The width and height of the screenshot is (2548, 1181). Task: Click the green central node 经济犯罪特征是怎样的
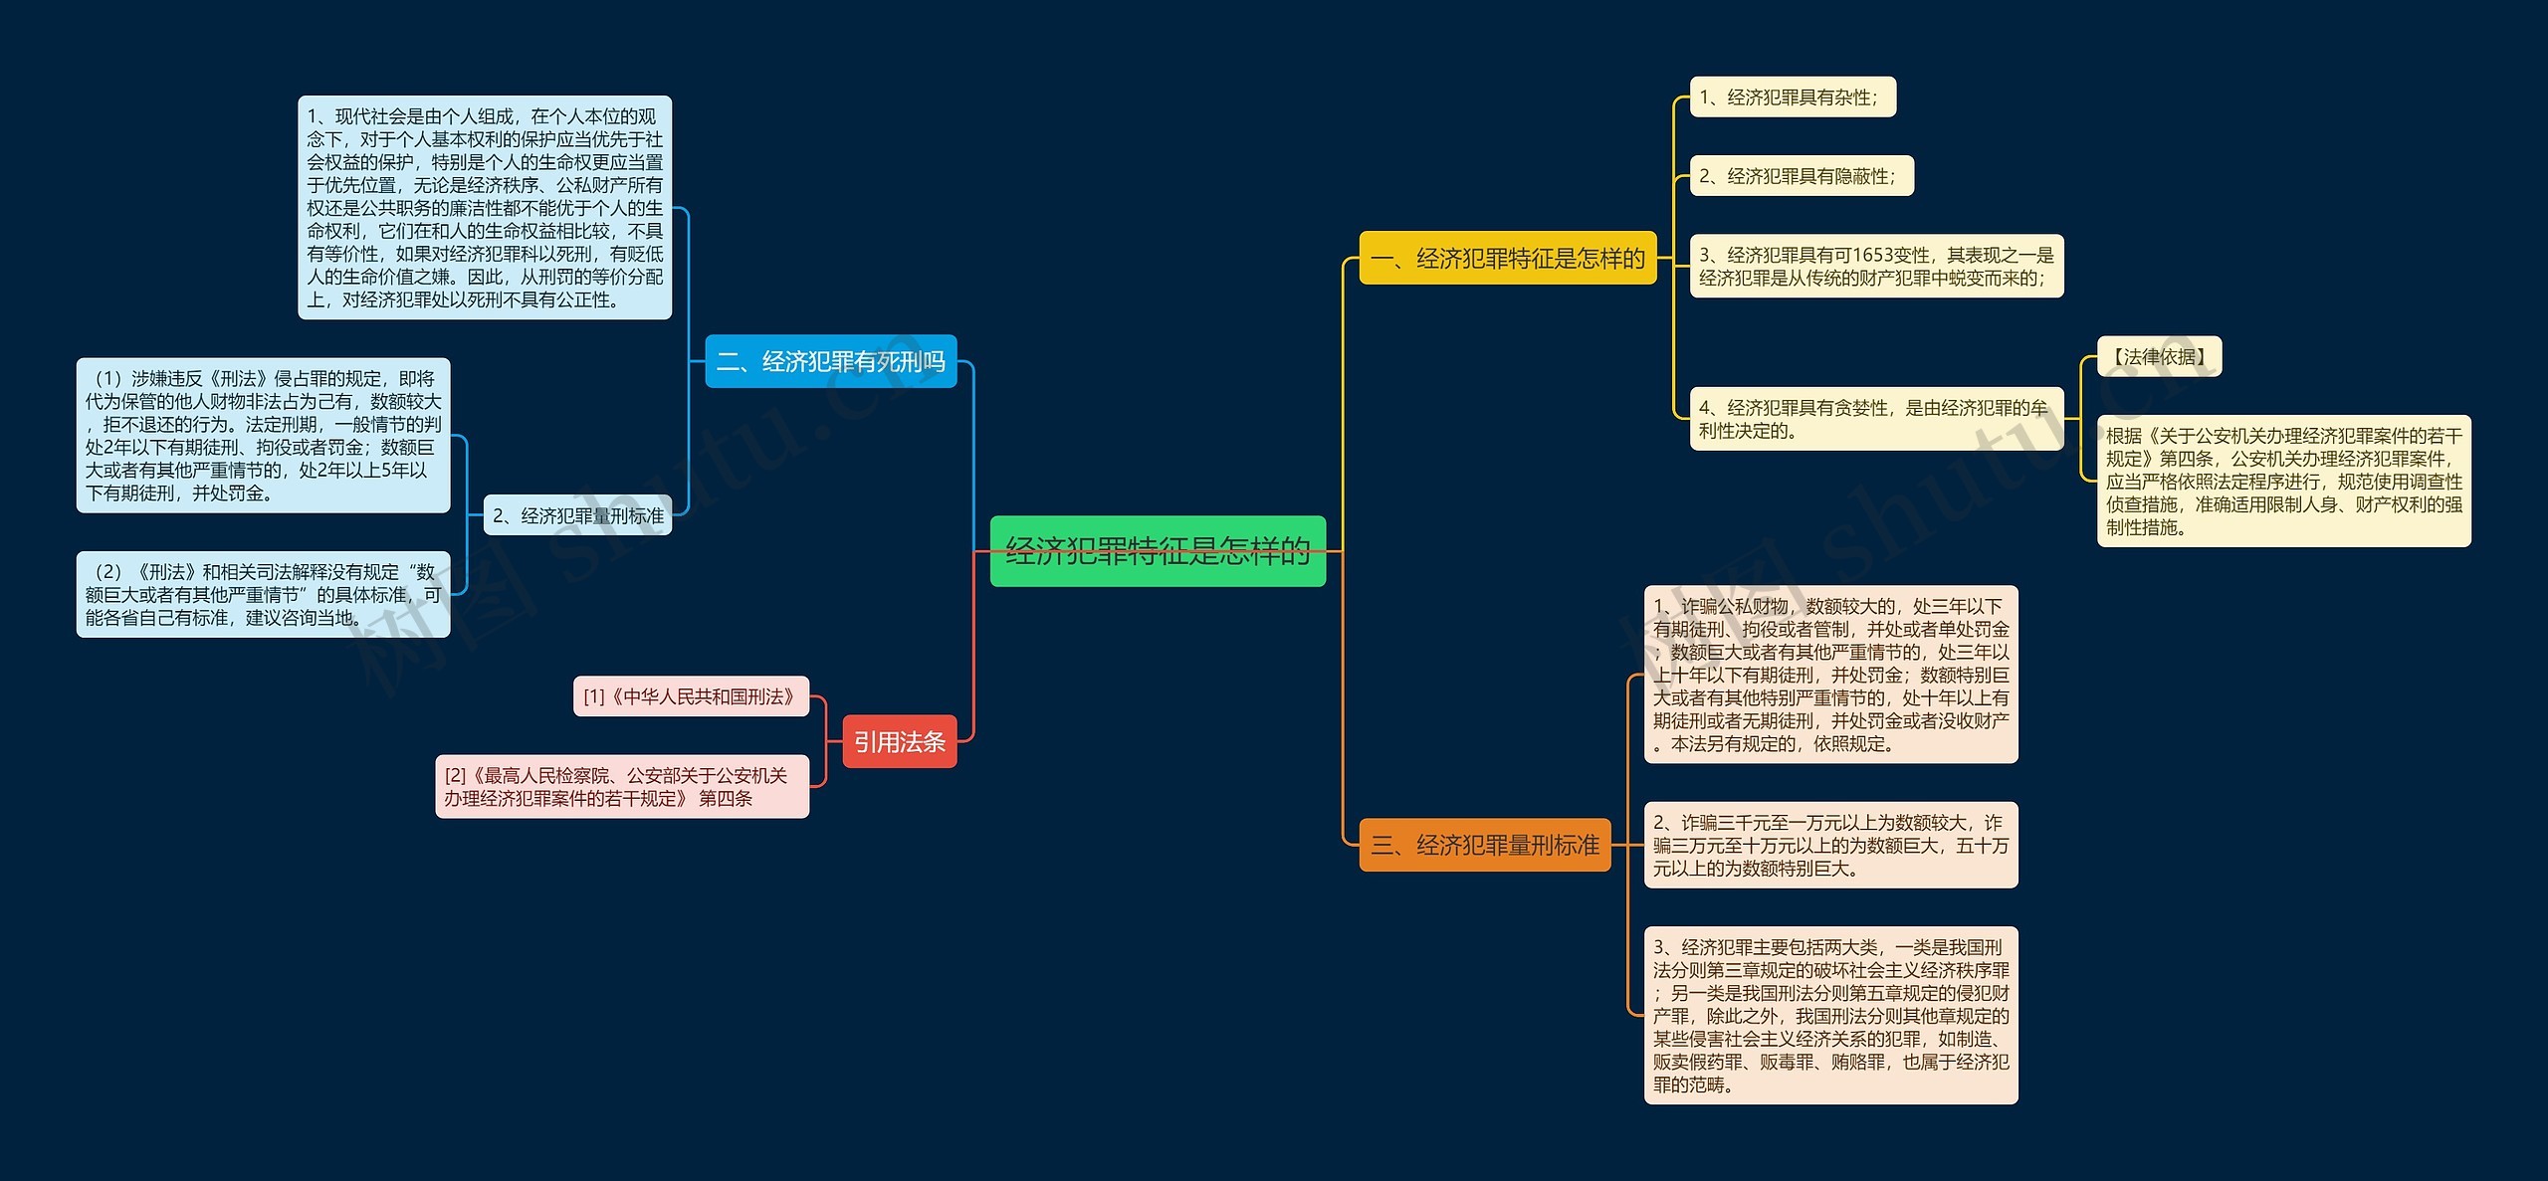tap(1158, 550)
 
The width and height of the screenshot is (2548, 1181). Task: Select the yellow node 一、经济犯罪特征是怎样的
tap(1507, 259)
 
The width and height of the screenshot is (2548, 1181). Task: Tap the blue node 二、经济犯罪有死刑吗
tap(830, 361)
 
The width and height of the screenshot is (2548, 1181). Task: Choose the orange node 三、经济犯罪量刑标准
tap(1484, 845)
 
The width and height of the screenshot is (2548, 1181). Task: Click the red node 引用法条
tap(899, 741)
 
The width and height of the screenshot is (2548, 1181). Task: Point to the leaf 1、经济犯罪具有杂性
tap(1792, 98)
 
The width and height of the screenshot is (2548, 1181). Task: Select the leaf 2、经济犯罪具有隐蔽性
tap(1801, 176)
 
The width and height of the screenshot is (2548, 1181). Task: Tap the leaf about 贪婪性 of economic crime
tap(1875, 419)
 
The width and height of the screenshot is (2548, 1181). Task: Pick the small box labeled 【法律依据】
tap(2158, 356)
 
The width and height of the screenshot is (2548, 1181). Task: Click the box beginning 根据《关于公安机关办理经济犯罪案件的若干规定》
tap(2282, 481)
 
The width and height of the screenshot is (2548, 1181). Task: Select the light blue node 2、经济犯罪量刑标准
tap(577, 515)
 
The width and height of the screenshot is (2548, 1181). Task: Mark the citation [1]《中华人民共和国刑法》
tap(691, 696)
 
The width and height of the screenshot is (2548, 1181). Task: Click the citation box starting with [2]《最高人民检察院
tap(621, 786)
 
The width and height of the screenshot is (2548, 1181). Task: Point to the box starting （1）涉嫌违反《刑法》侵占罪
tap(263, 435)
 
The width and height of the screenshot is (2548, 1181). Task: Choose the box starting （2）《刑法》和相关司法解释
tap(263, 594)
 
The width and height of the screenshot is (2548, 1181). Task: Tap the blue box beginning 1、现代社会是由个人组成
tap(485, 207)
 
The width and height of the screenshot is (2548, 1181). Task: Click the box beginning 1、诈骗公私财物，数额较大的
tap(1829, 674)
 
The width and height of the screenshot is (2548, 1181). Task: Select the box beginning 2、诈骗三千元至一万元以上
tap(1829, 845)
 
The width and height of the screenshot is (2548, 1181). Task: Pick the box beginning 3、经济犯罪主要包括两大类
tap(1829, 1015)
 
